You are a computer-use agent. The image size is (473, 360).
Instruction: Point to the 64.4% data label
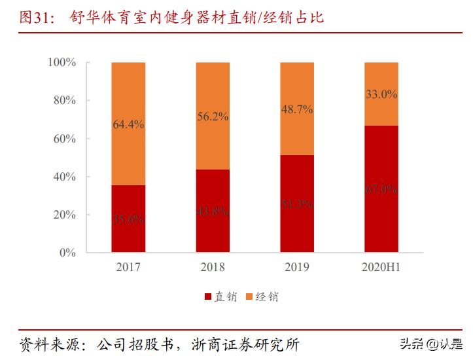[128, 124]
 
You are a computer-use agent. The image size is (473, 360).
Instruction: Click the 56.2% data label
[213, 117]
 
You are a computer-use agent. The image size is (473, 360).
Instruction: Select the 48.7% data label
[297, 109]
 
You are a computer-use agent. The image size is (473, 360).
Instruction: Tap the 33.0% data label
[381, 94]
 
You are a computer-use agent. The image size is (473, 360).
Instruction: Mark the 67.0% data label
[381, 189]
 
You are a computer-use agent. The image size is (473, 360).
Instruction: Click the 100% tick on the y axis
[62, 63]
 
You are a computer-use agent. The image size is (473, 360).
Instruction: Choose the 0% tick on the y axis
[68, 253]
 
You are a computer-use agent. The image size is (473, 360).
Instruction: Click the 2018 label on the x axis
[213, 268]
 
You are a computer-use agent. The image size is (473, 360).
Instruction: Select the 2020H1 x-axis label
[381, 268]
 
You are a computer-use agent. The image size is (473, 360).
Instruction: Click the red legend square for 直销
[208, 297]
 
